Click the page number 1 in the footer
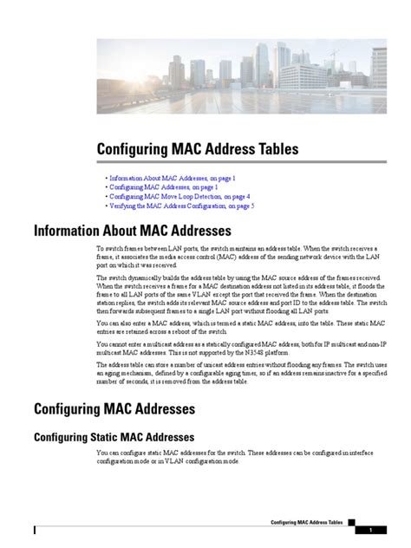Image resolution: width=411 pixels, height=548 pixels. (x=371, y=530)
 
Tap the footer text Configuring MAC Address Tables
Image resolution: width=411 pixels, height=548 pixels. (x=307, y=524)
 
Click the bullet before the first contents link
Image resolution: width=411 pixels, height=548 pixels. (x=104, y=177)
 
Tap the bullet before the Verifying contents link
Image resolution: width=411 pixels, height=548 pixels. (x=104, y=206)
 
